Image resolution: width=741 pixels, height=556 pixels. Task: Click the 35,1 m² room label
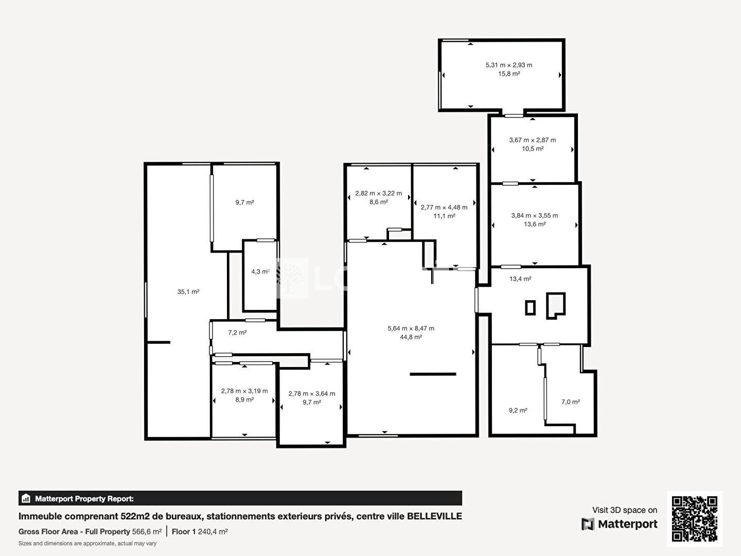(x=188, y=292)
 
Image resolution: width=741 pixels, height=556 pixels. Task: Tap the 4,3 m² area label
(x=260, y=271)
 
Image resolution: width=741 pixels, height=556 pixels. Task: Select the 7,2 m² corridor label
(x=237, y=333)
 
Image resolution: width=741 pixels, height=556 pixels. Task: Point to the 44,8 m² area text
(x=411, y=337)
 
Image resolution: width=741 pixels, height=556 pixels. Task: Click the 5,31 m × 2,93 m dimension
(x=509, y=65)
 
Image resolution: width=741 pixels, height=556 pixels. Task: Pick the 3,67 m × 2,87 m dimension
(x=533, y=140)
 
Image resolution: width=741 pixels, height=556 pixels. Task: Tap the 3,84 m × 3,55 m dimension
(x=535, y=215)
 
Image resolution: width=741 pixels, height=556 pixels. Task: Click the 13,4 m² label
(x=520, y=279)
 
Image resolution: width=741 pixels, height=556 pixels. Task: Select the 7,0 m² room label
(x=571, y=402)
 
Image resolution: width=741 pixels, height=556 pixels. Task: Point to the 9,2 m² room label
(x=518, y=410)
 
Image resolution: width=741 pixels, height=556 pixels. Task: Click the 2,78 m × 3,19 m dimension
(x=244, y=391)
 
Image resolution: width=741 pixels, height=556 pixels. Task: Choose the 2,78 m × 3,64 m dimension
(x=312, y=394)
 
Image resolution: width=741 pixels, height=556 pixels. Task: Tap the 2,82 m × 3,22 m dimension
(x=378, y=194)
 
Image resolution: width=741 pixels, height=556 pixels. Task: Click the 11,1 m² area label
(x=444, y=216)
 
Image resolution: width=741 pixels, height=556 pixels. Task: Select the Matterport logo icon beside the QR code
(x=588, y=524)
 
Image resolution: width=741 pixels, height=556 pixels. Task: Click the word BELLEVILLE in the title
(x=434, y=516)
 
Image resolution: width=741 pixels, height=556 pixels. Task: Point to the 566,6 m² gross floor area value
(x=147, y=532)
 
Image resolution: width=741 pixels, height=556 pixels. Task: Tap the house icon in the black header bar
(x=26, y=498)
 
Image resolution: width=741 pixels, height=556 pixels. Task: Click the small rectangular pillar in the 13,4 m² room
(x=530, y=307)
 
